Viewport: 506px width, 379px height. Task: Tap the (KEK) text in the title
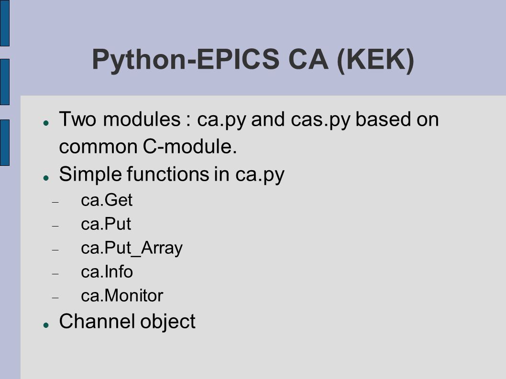click(x=375, y=60)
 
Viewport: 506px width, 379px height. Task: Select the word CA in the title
click(x=308, y=59)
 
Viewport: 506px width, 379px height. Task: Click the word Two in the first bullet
click(x=77, y=119)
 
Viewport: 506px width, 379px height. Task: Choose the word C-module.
click(x=190, y=146)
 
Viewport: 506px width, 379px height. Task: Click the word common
click(x=98, y=147)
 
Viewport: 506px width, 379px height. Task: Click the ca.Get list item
click(x=107, y=200)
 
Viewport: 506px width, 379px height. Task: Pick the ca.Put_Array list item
click(x=132, y=249)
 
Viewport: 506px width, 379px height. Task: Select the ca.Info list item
click(x=107, y=272)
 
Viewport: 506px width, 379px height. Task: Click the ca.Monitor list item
click(x=122, y=296)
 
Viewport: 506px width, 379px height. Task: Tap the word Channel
click(x=97, y=321)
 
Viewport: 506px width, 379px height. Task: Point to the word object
click(x=168, y=323)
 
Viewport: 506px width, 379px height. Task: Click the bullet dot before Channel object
click(x=46, y=325)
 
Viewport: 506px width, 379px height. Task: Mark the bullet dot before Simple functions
click(x=46, y=178)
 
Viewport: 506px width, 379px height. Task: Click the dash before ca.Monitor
click(x=55, y=298)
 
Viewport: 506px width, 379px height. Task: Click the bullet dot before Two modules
click(x=46, y=123)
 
